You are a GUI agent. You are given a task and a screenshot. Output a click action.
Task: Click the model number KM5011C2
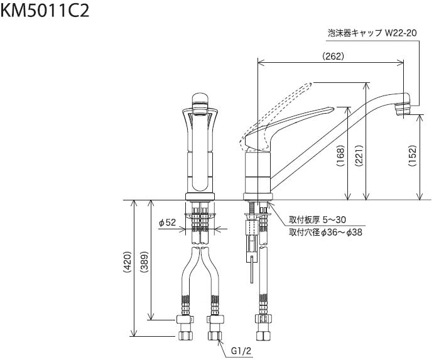click(x=45, y=11)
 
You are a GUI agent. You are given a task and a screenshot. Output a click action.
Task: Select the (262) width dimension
click(x=334, y=56)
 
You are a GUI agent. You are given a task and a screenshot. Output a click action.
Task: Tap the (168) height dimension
click(x=340, y=155)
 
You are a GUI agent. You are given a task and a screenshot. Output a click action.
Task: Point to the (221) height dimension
click(x=359, y=155)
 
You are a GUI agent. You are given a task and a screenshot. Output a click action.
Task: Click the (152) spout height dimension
click(x=413, y=155)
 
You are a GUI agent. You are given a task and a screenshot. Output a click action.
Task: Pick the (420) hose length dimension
click(x=127, y=262)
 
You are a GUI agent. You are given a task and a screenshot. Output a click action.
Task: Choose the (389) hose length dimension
click(x=144, y=262)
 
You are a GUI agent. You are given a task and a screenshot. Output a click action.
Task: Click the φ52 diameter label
click(x=168, y=222)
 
